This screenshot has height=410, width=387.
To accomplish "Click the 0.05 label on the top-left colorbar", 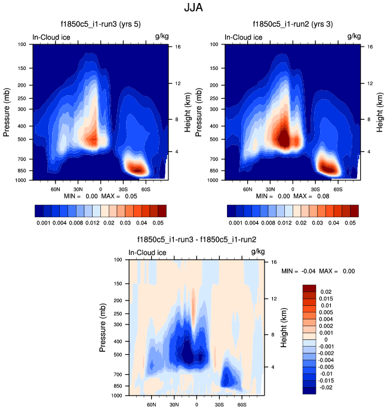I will pos(158,221).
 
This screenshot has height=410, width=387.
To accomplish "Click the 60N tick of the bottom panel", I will pos(151,404).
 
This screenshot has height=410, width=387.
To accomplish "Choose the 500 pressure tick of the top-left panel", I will pos(23,139).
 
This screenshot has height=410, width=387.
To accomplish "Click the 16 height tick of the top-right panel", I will pos(370,46).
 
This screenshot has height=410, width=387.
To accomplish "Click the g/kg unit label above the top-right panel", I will pos(354,37).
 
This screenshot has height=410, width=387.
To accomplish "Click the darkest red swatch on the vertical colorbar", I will pos(309,289).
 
